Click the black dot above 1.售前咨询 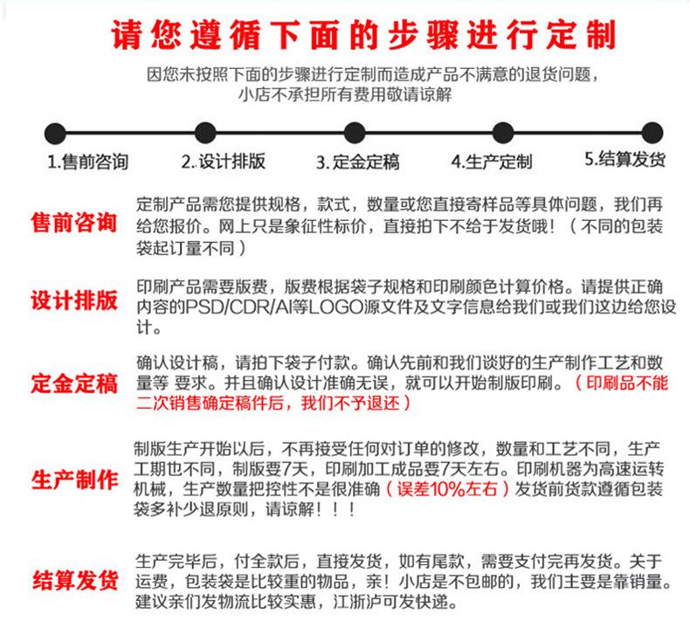(55, 133)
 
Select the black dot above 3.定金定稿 (355, 133)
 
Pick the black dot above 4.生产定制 (503, 133)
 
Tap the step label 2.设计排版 (224, 162)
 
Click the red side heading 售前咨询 (74, 221)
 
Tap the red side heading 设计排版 (74, 301)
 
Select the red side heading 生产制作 (74, 479)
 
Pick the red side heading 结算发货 (74, 579)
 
